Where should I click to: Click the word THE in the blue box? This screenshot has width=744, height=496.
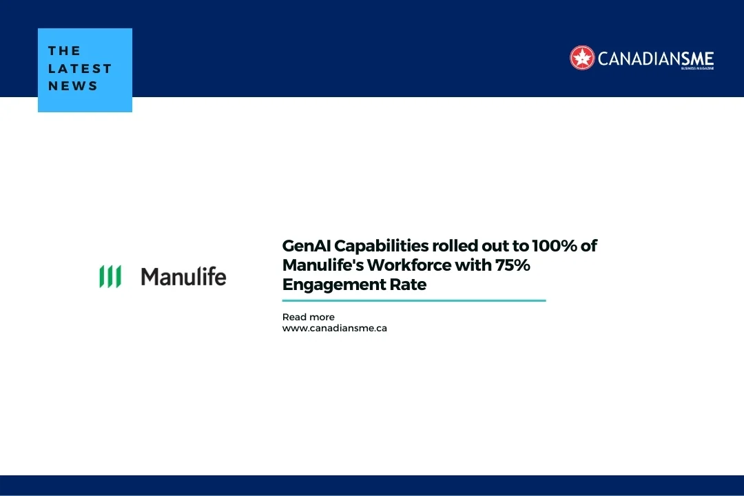[65, 51]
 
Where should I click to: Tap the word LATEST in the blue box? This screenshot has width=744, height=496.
[80, 68]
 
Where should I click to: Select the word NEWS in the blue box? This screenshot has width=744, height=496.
[73, 86]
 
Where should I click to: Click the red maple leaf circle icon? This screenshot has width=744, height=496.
[582, 58]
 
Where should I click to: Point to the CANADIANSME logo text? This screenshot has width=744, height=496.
[655, 58]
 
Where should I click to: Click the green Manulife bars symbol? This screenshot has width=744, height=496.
[110, 276]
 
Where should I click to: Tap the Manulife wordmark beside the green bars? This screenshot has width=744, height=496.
[183, 277]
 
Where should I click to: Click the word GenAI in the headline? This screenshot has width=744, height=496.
[307, 246]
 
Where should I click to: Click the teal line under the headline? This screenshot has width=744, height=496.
[413, 300]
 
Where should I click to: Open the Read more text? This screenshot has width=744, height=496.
[308, 317]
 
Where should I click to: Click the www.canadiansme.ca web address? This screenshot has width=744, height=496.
[334, 328]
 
